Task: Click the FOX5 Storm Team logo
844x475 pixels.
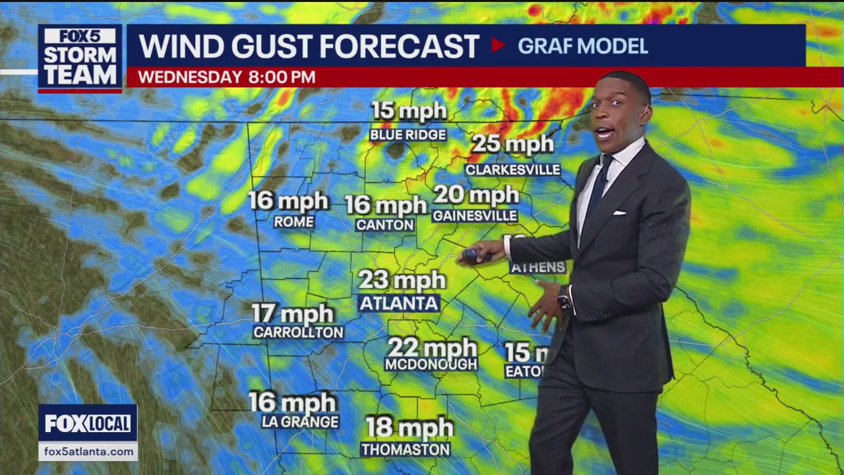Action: [x=80, y=58]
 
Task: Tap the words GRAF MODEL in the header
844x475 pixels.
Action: [x=582, y=46]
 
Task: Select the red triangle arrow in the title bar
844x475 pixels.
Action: [x=498, y=46]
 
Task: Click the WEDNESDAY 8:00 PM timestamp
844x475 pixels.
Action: [x=226, y=77]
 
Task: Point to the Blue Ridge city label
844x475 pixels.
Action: [x=408, y=135]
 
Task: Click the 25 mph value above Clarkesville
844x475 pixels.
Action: [x=512, y=144]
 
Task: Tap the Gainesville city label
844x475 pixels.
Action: [x=475, y=216]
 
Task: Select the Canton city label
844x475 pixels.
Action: [x=385, y=225]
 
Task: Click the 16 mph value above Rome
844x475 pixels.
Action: [x=288, y=201]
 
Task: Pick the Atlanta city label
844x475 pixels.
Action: [x=399, y=303]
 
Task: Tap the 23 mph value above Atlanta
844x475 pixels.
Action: [x=402, y=280]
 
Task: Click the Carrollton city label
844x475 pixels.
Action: [x=298, y=332]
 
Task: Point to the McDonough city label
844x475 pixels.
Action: [x=431, y=364]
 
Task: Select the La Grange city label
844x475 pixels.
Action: [x=300, y=422]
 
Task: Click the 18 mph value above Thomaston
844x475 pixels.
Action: [x=409, y=427]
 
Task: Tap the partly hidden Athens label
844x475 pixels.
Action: [x=537, y=267]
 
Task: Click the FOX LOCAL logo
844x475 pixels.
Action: [x=88, y=424]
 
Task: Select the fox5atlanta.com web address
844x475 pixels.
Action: [x=88, y=452]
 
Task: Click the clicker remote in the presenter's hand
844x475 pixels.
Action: [x=473, y=255]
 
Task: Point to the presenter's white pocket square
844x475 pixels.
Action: [x=618, y=213]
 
